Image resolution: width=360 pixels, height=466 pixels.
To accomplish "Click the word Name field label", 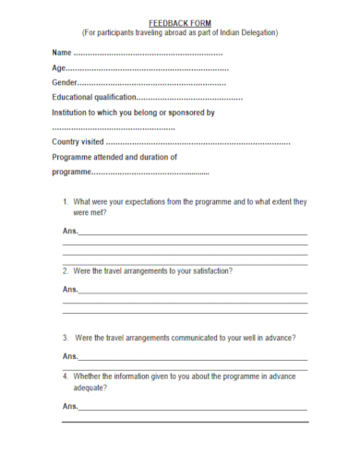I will (x=62, y=54).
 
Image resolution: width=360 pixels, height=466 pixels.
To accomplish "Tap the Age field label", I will (x=59, y=69).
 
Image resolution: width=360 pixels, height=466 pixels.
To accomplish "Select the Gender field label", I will (x=66, y=83).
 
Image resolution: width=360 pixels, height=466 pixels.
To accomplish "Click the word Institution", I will (x=71, y=113).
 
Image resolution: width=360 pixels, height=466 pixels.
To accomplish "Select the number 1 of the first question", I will (x=66, y=201).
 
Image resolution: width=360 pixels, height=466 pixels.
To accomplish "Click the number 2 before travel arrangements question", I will (x=66, y=271).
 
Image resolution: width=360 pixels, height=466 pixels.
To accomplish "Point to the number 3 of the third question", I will (x=66, y=337).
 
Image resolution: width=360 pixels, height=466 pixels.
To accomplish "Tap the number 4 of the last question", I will (x=66, y=376).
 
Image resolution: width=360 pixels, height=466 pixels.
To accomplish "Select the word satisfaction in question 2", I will (x=207, y=271).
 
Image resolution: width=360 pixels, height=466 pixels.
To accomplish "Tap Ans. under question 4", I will (x=70, y=406).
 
